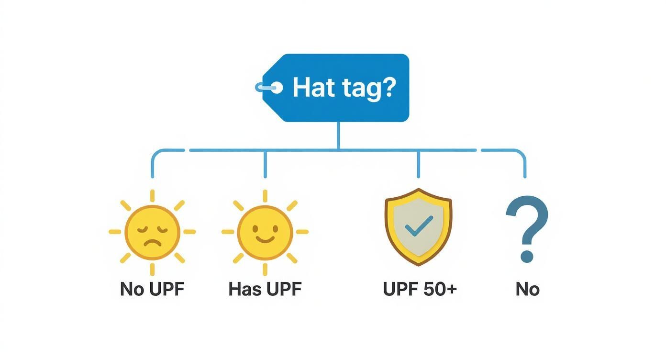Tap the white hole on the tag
coord(276,88)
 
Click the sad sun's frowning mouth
coord(152,240)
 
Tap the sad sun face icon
coord(152,232)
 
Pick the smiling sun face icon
coord(265,232)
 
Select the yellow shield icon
coord(418,226)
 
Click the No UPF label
coord(152,289)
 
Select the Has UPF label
coord(265,289)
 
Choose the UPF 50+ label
coord(420,289)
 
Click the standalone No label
coord(527,289)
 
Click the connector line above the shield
coord(419,164)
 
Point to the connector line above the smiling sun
coord(265,164)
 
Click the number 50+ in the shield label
coord(439,289)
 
